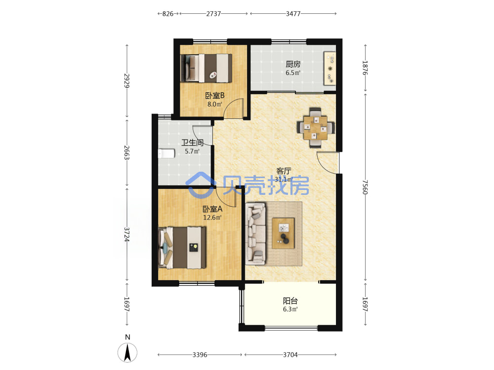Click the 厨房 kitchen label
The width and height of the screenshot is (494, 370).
pos(293,64)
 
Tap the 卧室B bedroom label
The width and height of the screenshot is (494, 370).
pos(214,95)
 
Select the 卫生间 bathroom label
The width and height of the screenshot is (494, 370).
pos(192,143)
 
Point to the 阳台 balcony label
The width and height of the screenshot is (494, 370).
pos(290,301)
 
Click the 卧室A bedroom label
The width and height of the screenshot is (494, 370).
pos(212,209)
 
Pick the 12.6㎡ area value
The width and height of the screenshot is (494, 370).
pos(212,218)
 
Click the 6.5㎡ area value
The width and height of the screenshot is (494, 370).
pos(293,73)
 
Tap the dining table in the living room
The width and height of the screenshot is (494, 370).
pos(315,127)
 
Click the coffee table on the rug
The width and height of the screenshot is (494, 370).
pos(283,233)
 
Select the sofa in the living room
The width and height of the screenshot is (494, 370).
pos(255,233)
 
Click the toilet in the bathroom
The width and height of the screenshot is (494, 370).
pos(166,153)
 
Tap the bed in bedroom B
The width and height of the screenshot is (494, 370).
pos(206,68)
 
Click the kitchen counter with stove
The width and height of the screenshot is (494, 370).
pos(329,68)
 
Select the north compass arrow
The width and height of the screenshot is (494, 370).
pos(127,352)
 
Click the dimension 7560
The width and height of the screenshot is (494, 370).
pos(365,187)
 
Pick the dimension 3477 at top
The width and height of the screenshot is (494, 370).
pos(293,14)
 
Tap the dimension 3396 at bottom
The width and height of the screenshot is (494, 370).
pos(200,355)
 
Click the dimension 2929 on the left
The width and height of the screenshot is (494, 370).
pos(127,81)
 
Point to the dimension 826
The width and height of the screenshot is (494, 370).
pos(168,14)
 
